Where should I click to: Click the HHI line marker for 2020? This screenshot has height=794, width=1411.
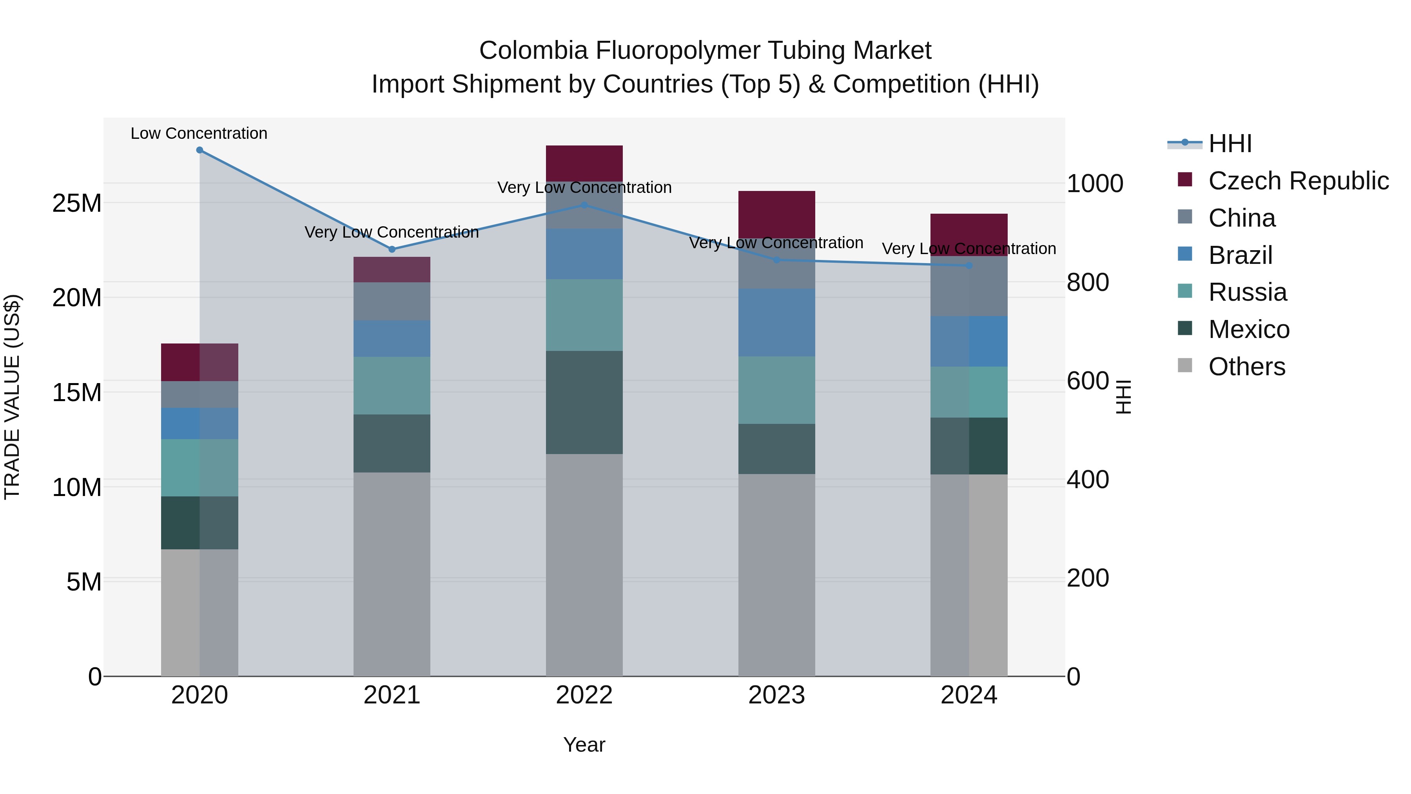tap(199, 150)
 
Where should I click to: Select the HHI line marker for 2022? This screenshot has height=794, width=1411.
tap(584, 205)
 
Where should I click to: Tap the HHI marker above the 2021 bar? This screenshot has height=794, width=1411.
tap(392, 249)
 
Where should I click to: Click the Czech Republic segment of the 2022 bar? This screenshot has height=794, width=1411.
tap(584, 163)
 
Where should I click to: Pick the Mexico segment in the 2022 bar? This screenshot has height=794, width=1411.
tap(584, 402)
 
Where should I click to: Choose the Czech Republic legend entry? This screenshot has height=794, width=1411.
tap(1298, 181)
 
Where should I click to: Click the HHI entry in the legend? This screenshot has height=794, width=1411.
tap(1230, 144)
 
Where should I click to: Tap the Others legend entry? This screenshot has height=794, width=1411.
tap(1246, 367)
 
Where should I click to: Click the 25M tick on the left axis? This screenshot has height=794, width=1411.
tap(77, 203)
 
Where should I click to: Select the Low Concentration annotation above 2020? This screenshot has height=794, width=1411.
tap(199, 134)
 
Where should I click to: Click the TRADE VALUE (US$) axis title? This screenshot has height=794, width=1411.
tap(13, 397)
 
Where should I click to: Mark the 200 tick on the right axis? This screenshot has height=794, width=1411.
tap(1088, 578)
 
